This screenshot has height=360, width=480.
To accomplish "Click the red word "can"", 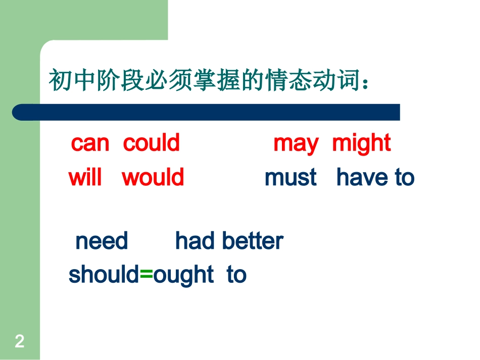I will pyautogui.click(x=90, y=144).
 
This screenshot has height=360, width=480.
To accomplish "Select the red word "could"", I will pyautogui.click(x=151, y=143).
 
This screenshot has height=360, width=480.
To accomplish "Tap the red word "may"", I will pyautogui.click(x=296, y=144).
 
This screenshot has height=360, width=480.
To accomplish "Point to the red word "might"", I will pyautogui.click(x=361, y=144).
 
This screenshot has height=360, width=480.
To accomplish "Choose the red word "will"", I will pyautogui.click(x=85, y=178).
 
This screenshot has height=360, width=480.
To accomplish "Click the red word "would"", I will pyautogui.click(x=153, y=178).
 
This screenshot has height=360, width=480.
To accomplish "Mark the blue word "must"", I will pyautogui.click(x=291, y=178).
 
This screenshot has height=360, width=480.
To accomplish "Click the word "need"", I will pyautogui.click(x=102, y=241).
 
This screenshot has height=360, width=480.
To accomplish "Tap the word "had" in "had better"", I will pyautogui.click(x=193, y=241).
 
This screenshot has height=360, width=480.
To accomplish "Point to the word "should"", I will pyautogui.click(x=103, y=275).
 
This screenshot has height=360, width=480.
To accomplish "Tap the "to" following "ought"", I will pyautogui.click(x=236, y=275).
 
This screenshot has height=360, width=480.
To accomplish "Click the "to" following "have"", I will pyautogui.click(x=404, y=178).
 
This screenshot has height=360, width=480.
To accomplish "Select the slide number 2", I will pyautogui.click(x=19, y=342).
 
